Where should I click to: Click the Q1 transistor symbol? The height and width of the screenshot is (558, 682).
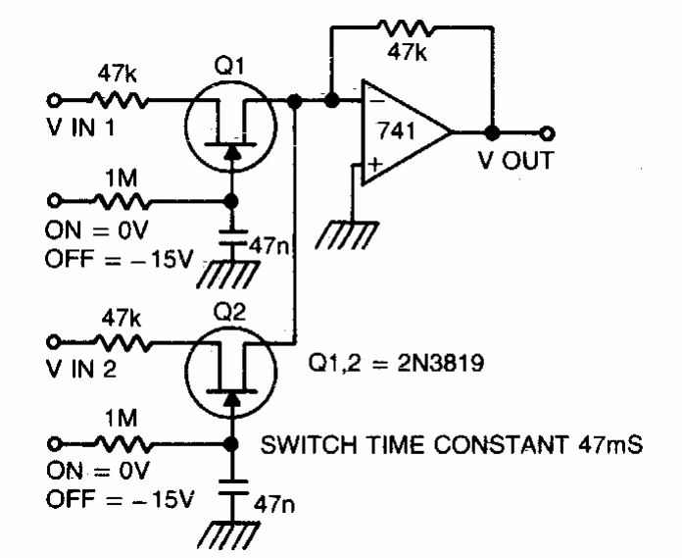coord(226,126)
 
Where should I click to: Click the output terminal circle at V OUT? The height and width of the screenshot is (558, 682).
coord(547,132)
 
